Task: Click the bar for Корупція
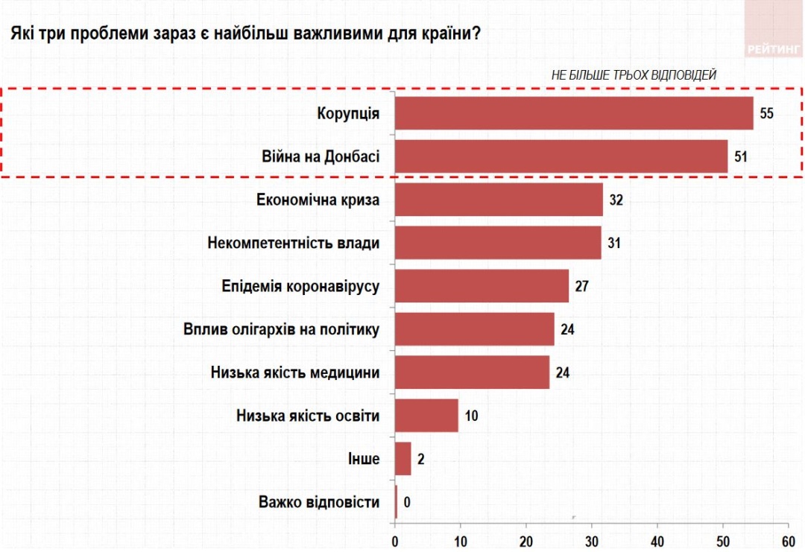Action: pos(574,113)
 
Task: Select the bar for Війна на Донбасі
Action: pos(561,156)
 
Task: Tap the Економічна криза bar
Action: pos(499,200)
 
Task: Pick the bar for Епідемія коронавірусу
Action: pos(482,286)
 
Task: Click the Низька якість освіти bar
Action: pos(426,415)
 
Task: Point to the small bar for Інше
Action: pos(402,458)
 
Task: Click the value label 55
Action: pos(767,114)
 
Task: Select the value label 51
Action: pos(739,157)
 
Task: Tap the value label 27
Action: pos(582,287)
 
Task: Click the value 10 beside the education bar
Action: pos(471,416)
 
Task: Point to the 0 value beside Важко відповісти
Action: pos(407,501)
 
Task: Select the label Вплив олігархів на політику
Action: pos(282,329)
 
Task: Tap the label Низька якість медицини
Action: pos(291,372)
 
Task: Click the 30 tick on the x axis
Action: pos(592,542)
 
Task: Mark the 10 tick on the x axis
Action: pos(460,542)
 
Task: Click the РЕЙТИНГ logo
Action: pos(774,50)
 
